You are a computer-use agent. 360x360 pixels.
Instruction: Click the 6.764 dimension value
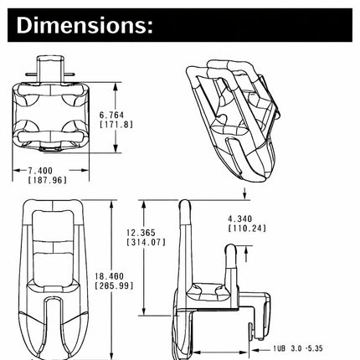[111, 115]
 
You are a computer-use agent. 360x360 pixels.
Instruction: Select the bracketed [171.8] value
[116, 124]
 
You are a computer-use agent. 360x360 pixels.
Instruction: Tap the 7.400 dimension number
[40, 170]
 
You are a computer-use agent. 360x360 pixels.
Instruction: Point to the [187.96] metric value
[48, 180]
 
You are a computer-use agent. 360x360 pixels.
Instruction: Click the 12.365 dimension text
[141, 233]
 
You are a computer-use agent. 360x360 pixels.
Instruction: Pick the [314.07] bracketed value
[147, 242]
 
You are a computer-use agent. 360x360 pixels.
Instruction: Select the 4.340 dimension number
[240, 219]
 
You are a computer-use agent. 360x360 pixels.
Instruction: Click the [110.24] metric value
[247, 229]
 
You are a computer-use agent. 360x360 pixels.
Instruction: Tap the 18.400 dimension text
[109, 276]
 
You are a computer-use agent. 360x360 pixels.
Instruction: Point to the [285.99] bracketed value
[114, 285]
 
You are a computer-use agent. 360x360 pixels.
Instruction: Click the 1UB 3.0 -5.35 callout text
[298, 348]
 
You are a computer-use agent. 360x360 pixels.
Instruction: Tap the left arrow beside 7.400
[18, 170]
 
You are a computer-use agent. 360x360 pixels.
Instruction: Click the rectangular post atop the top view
[51, 69]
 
